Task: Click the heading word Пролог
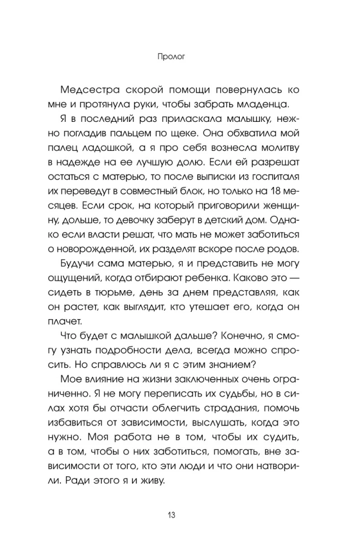pos(179,56)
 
